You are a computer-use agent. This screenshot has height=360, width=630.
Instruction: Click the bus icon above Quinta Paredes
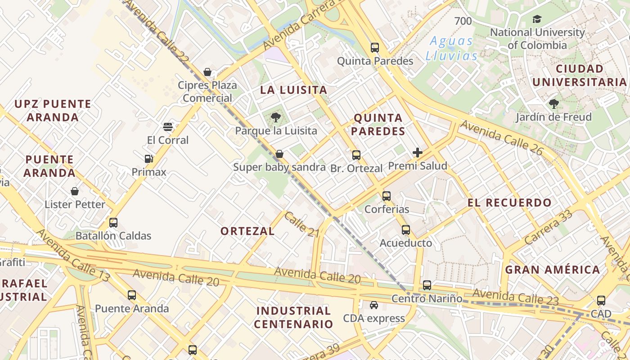tap(375, 47)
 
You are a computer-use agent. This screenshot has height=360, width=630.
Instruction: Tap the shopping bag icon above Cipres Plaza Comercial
tap(207, 72)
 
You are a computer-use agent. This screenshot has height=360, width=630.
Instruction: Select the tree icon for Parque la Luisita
tap(276, 117)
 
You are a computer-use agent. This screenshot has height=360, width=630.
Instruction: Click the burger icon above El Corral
tap(168, 127)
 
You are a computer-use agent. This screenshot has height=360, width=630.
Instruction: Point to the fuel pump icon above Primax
tap(149, 158)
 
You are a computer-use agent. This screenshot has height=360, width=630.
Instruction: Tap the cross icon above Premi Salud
tap(418, 153)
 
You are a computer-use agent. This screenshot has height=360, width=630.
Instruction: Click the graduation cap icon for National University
tap(537, 19)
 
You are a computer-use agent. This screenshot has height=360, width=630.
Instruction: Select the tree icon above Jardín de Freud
tap(553, 104)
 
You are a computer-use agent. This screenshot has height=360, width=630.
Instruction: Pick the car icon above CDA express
tap(374, 305)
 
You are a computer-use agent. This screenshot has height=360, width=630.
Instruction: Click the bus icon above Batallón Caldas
tap(113, 223)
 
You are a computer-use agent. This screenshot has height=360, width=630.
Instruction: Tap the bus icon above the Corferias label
tap(387, 196)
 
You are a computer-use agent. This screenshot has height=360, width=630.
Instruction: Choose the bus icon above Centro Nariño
tap(427, 285)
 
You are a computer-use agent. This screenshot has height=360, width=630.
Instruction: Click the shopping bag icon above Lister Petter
tap(75, 191)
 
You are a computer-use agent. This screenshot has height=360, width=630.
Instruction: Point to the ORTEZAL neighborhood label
tap(247, 231)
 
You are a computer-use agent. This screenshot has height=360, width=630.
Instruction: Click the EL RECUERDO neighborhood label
tap(509, 202)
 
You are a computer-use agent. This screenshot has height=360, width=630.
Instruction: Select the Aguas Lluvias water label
tap(451, 48)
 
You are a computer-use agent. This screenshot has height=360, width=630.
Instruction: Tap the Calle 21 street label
tap(301, 224)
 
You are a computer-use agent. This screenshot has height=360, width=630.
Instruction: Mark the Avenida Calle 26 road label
tap(502, 137)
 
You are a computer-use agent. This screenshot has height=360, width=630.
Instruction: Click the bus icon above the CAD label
tap(601, 301)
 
